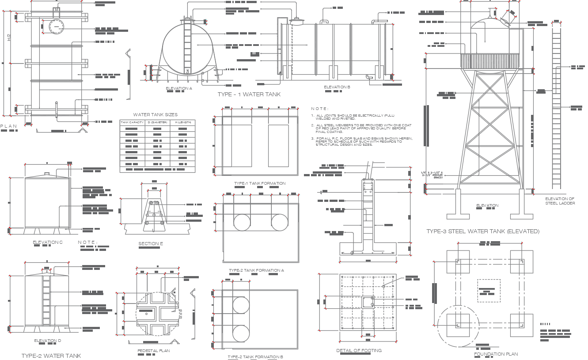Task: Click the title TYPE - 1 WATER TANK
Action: pyautogui.click(x=249, y=95)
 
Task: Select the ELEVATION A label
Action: pyautogui.click(x=179, y=88)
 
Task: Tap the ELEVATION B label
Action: pyautogui.click(x=337, y=87)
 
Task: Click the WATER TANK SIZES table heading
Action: pyautogui.click(x=156, y=115)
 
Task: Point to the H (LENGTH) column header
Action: pyautogui.click(x=182, y=122)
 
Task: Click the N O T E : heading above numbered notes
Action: pyautogui.click(x=320, y=108)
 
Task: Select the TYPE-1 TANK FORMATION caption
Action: pyautogui.click(x=260, y=183)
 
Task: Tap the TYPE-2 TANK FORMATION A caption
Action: pyautogui.click(x=256, y=270)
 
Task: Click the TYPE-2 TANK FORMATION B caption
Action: pyautogui.click(x=255, y=357)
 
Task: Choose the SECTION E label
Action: pyautogui.click(x=151, y=243)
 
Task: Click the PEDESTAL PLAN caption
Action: pyautogui.click(x=153, y=351)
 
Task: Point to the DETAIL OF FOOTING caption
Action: pyautogui.click(x=359, y=351)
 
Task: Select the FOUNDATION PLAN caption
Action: pyautogui.click(x=496, y=354)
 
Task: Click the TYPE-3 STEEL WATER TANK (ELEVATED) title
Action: pyautogui.click(x=482, y=231)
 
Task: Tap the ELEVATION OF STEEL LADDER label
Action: pyautogui.click(x=560, y=201)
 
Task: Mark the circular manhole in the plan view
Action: pyautogui.click(x=56, y=27)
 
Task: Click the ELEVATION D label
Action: pyautogui.click(x=48, y=341)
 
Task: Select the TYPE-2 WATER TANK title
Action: pyautogui.click(x=51, y=356)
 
